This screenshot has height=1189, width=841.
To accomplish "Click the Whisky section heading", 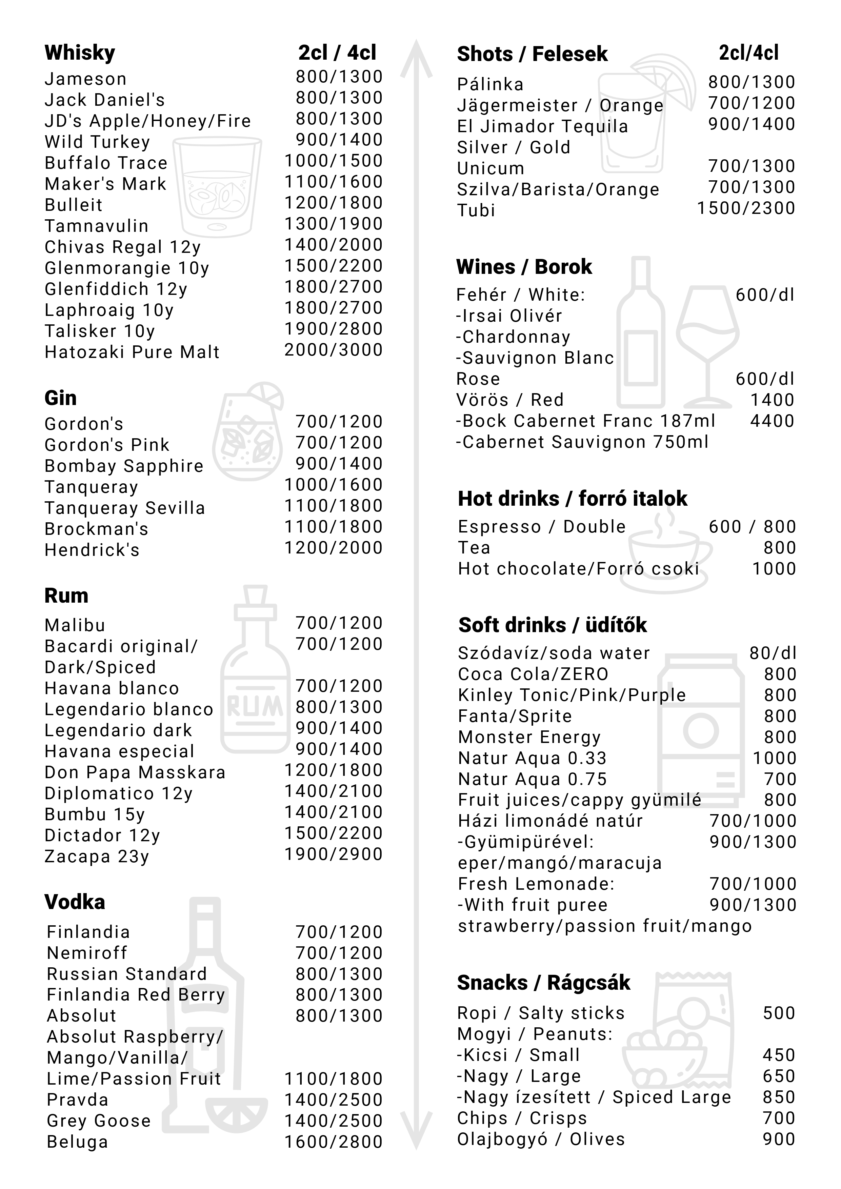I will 80,53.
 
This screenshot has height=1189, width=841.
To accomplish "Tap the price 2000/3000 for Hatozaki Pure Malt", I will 334,350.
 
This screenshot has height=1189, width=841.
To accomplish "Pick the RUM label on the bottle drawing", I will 255,705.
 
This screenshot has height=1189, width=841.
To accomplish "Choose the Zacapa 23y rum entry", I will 97,857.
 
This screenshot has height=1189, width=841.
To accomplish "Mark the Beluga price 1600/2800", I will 334,1141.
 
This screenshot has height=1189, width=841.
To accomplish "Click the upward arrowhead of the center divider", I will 416,57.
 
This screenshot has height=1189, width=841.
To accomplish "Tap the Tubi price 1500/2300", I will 746,208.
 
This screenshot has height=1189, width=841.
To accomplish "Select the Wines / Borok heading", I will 524,267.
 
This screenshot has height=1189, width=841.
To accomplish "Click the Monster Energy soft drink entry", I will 529,737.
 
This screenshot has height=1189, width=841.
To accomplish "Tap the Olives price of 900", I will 779,1139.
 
